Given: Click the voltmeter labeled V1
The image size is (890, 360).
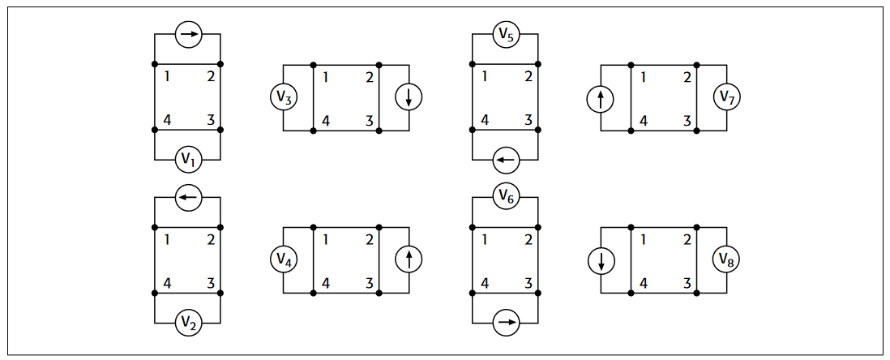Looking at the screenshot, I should [188, 160].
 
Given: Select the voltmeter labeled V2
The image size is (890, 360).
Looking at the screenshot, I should [188, 324].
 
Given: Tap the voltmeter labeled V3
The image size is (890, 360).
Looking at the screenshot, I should [283, 98].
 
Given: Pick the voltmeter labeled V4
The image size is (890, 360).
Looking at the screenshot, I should [283, 260].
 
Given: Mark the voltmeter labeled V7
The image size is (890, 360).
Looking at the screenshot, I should [726, 98].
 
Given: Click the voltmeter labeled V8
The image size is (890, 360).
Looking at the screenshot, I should [726, 260].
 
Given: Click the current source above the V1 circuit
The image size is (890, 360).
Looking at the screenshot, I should [188, 35].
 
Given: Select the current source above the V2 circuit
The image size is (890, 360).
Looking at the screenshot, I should [188, 197].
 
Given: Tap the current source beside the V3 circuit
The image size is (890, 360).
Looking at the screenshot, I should [409, 98].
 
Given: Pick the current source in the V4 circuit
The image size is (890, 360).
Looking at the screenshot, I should [409, 260].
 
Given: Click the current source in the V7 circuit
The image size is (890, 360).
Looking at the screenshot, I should [601, 98].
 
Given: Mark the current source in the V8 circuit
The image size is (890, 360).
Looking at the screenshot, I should [601, 260].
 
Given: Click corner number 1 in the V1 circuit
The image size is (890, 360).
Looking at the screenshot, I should [167, 77].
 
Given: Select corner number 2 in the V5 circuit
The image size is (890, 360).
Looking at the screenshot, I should [528, 77].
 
